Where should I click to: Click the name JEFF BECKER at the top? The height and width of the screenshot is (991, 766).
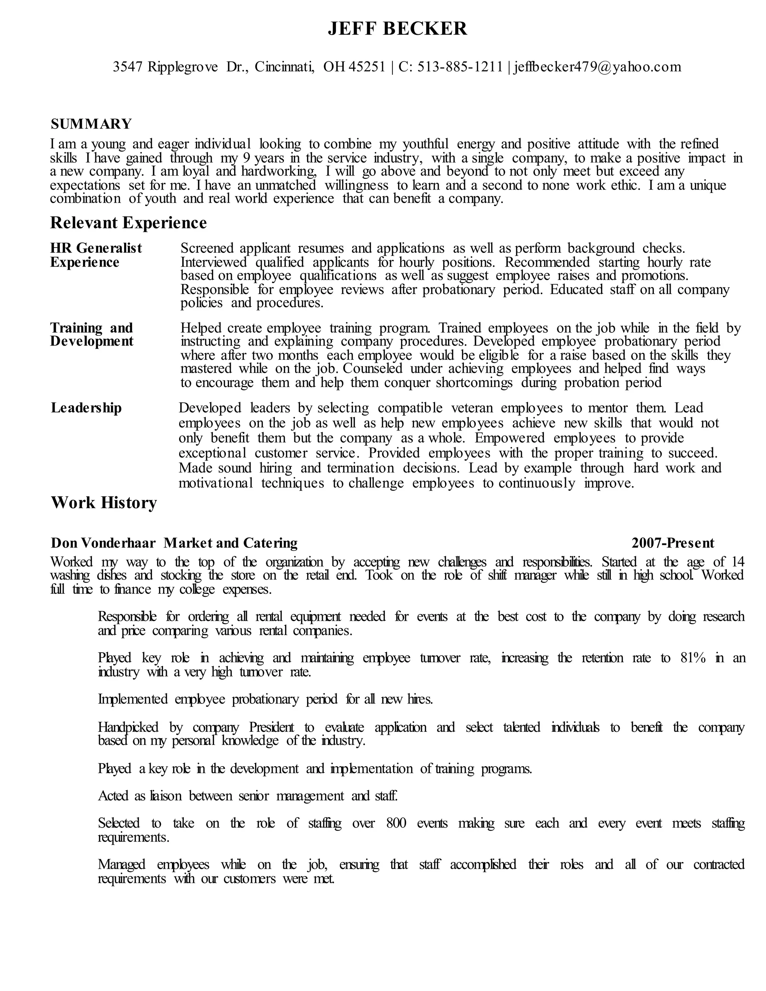[x=397, y=28]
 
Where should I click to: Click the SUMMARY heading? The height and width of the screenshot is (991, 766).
[x=91, y=124]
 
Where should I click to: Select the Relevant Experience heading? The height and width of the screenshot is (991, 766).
[x=128, y=223]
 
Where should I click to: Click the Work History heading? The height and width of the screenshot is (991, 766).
[x=104, y=503]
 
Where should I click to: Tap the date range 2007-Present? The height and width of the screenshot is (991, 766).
[x=672, y=543]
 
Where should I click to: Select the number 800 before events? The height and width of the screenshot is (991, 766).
[x=396, y=823]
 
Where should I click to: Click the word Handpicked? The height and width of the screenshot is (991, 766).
[x=128, y=727]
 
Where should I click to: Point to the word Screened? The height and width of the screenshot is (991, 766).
[x=206, y=248]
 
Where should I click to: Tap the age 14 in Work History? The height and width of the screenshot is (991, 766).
[x=738, y=562]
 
